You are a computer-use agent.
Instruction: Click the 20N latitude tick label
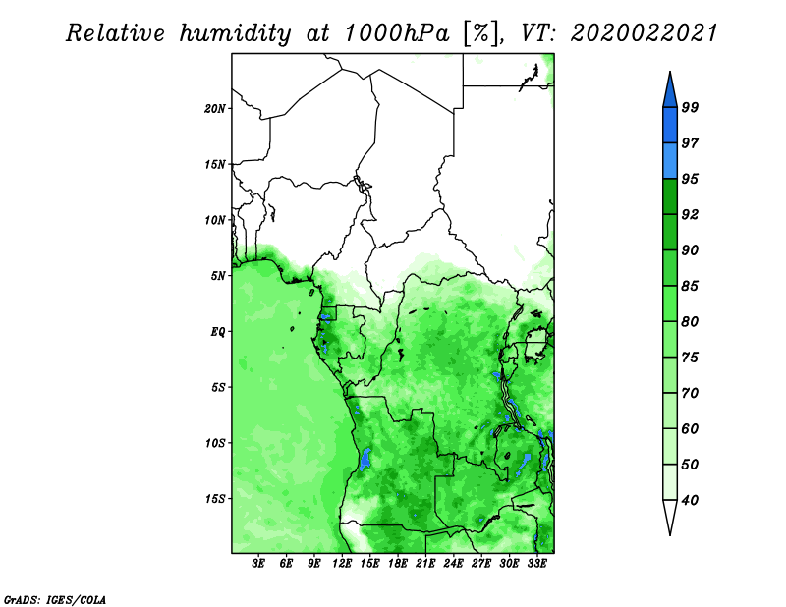click(214, 109)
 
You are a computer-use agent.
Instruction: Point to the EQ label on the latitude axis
click(217, 332)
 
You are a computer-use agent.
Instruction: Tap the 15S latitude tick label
click(214, 499)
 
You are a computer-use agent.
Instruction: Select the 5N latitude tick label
click(217, 276)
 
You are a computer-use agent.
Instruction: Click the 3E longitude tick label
click(258, 564)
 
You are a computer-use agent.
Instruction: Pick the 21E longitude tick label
click(425, 564)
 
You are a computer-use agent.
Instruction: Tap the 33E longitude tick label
click(536, 564)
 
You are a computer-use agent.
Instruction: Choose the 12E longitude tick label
click(342, 564)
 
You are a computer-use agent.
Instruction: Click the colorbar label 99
click(690, 107)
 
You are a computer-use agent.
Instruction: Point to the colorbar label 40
click(690, 500)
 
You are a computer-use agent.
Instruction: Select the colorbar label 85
click(690, 286)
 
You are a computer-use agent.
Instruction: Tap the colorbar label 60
click(690, 428)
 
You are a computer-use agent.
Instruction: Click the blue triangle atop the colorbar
click(670, 92)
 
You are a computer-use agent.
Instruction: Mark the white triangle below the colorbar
click(670, 514)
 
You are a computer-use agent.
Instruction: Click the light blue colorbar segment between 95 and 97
click(670, 161)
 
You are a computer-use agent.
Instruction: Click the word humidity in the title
click(235, 33)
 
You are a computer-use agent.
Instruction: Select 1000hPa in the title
click(397, 33)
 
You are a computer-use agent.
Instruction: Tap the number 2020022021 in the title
click(645, 33)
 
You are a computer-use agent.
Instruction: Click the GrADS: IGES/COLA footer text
click(55, 599)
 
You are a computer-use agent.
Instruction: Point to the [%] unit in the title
click(481, 33)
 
